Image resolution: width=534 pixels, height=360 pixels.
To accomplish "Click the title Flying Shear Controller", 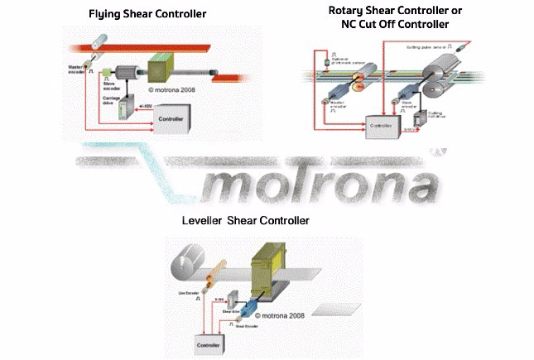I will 147,14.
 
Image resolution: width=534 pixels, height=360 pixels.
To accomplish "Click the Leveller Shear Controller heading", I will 245,221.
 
